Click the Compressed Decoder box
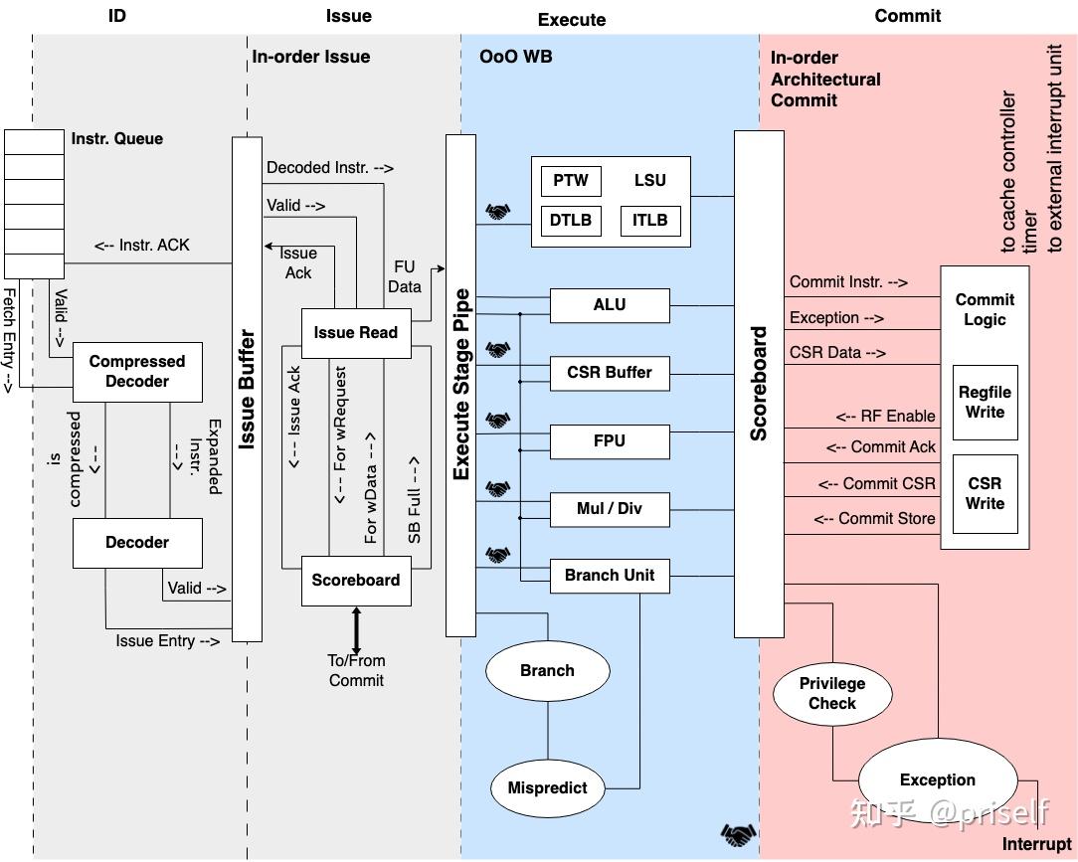click(137, 372)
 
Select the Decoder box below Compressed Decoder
click(137, 543)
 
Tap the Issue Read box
click(355, 333)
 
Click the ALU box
click(610, 305)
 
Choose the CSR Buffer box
click(610, 373)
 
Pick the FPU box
click(610, 441)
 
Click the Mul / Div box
click(610, 509)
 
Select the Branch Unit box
click(610, 576)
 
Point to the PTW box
click(571, 181)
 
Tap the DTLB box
click(571, 221)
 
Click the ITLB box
click(650, 221)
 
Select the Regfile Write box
click(985, 403)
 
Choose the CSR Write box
click(985, 494)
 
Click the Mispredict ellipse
click(547, 788)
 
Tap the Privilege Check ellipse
click(832, 694)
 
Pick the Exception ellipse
click(937, 780)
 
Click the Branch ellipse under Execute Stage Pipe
click(547, 671)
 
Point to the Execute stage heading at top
click(572, 20)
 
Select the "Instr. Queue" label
click(116, 139)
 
